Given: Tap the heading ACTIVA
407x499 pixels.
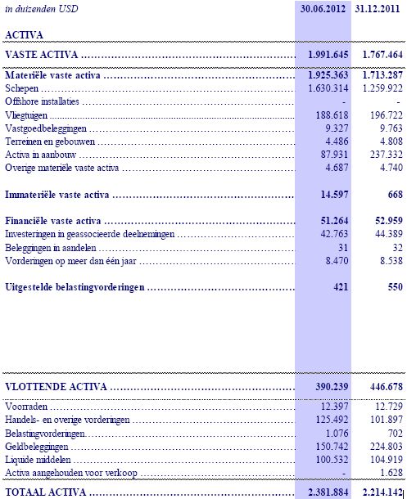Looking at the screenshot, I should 24,35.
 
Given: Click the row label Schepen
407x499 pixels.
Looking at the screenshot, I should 22,88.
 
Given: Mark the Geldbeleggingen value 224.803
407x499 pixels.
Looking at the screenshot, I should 383,447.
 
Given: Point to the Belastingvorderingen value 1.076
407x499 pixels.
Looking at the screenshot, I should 334,434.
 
